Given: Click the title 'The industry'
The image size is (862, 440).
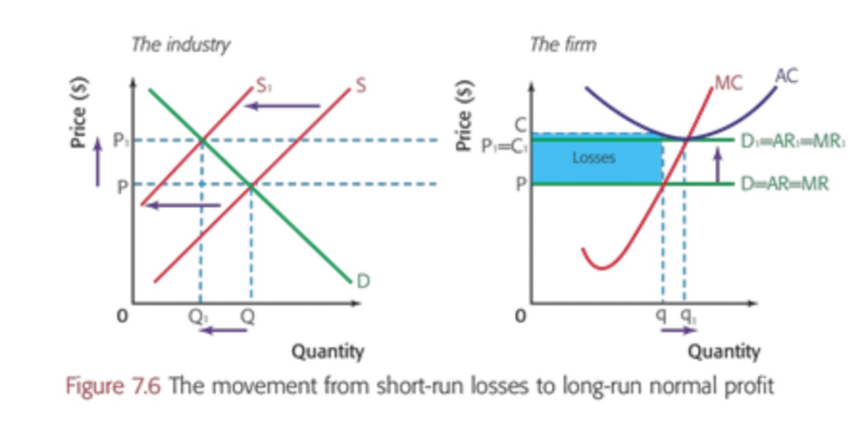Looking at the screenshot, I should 180,45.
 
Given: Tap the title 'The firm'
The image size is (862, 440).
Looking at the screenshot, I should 563,45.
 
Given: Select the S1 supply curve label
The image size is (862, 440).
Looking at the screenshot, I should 262,86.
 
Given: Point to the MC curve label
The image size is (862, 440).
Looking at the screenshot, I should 729,83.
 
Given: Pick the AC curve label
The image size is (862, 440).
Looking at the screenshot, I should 786,77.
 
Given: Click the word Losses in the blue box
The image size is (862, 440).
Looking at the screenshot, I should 594,158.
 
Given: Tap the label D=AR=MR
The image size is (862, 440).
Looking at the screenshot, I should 785,184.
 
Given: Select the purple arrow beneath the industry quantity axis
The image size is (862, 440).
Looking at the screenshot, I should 222,331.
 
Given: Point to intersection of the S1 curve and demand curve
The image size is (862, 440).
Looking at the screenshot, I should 202,140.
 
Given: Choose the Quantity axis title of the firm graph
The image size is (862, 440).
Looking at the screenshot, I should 723,352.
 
